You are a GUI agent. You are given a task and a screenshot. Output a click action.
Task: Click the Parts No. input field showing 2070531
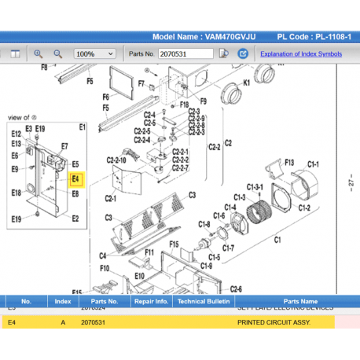pyautogui.click(x=185, y=53)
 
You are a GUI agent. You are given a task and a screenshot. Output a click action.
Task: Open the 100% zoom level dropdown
pyautogui.click(x=97, y=53)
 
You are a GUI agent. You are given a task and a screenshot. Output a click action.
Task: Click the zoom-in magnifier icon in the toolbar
pyautogui.click(x=38, y=53)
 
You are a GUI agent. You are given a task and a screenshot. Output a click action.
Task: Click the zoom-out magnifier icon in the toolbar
pyautogui.click(x=57, y=53)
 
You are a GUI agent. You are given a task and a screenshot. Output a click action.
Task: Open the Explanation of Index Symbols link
pyautogui.click(x=301, y=53)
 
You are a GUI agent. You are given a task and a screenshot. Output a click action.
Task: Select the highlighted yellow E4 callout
pyautogui.click(x=75, y=178)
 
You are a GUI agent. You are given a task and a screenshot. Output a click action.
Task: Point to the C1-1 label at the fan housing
pyautogui.click(x=312, y=163)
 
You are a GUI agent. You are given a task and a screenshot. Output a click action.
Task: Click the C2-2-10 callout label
pyautogui.click(x=116, y=163)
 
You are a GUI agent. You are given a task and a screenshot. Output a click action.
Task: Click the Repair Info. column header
pyautogui.click(x=151, y=301)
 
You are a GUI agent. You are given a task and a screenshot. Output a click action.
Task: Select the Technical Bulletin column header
pyautogui.click(x=202, y=301)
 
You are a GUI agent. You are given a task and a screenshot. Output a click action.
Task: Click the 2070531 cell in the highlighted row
pyautogui.click(x=93, y=322)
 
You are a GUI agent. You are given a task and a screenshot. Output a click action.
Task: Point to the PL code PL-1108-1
pyautogui.click(x=323, y=37)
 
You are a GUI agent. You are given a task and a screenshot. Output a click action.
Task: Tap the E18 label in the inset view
pyautogui.click(x=17, y=193)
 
